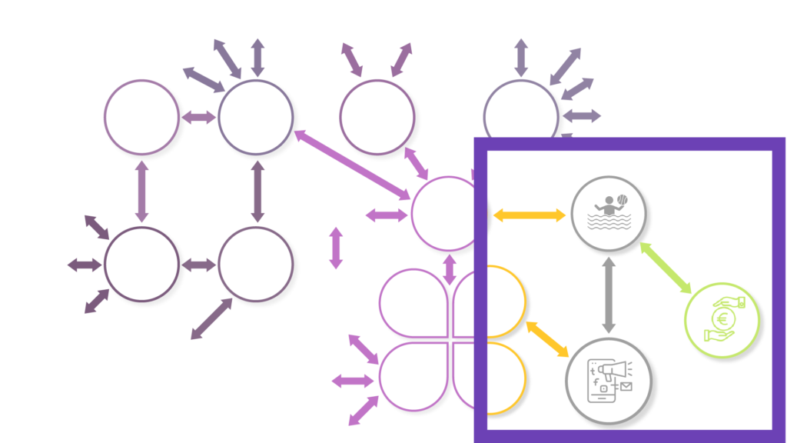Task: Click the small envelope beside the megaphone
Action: (x=626, y=387)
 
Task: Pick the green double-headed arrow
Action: (x=666, y=267)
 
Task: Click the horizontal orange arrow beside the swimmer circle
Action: (x=529, y=215)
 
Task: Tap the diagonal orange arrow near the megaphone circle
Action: (x=547, y=338)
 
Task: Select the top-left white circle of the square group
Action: (x=141, y=117)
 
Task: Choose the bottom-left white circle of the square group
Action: (x=141, y=264)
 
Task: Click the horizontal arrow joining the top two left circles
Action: (x=200, y=118)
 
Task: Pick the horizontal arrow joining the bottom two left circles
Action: (x=200, y=265)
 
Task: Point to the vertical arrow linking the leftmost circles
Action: (x=141, y=192)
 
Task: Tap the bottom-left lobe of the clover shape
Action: (x=415, y=376)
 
